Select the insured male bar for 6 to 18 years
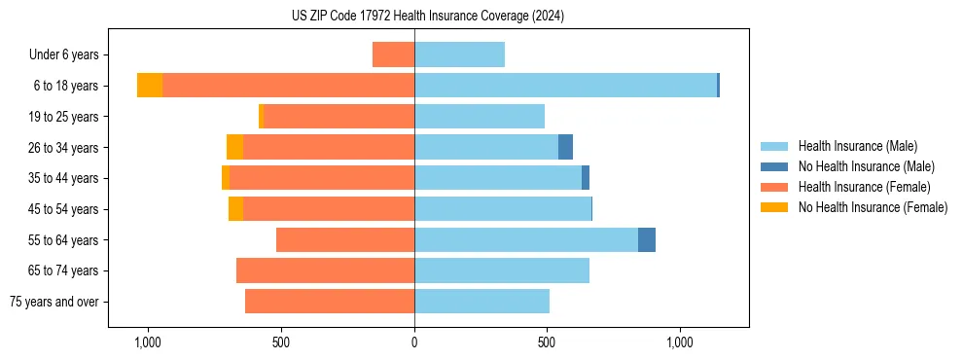tap(565, 86)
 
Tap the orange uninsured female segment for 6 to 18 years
tap(150, 86)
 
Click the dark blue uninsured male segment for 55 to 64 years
tap(647, 240)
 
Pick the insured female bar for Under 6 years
tap(393, 54)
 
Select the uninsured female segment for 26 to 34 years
tap(234, 147)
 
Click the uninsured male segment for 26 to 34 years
tap(565, 147)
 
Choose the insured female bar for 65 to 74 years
tap(325, 270)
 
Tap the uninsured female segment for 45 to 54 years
tap(235, 209)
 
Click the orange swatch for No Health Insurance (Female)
tap(774, 207)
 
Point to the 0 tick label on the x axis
tap(414, 343)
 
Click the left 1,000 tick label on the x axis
tap(148, 343)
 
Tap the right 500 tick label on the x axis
tap(547, 343)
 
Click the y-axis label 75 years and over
tap(54, 302)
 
